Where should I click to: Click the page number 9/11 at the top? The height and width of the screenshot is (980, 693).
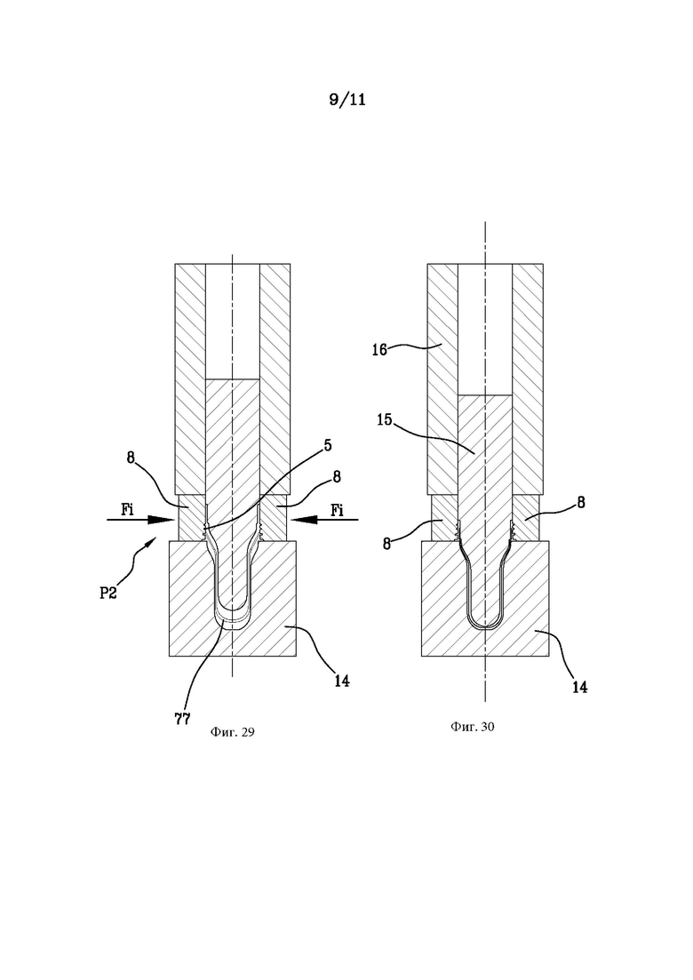point(347,100)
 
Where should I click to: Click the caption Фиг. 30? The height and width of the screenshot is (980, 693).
point(473,727)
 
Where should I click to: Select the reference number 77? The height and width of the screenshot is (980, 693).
point(182,718)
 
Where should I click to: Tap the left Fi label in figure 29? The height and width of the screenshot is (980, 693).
point(129,509)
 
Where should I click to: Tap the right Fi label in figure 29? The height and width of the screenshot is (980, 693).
point(337,509)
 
